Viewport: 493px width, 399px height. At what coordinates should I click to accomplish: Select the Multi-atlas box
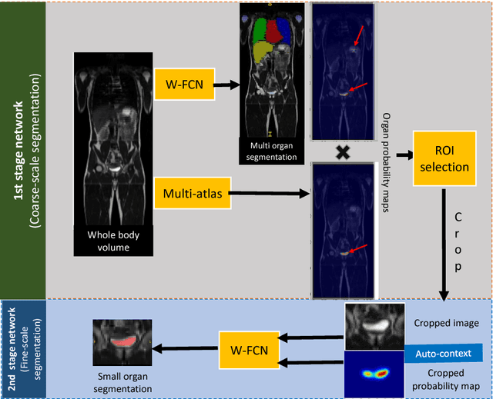[x=193, y=194]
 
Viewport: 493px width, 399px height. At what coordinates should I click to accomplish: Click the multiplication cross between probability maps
[x=343, y=155]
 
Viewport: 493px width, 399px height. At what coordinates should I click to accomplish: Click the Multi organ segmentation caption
[x=268, y=151]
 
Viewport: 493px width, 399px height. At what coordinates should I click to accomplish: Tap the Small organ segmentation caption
[x=124, y=383]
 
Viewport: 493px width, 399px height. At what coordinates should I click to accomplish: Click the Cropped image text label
[x=448, y=323]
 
